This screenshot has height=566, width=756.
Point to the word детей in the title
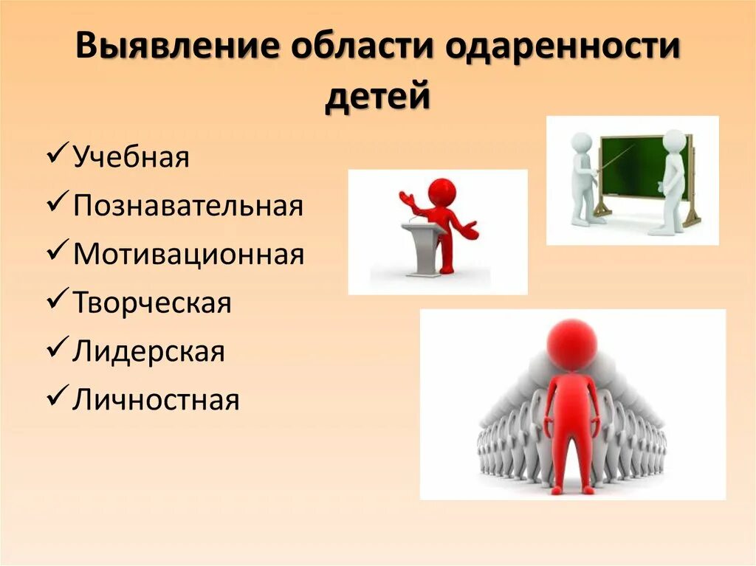[x=377, y=96]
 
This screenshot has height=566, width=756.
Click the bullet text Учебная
[x=131, y=158]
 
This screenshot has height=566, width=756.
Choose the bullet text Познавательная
[x=188, y=206]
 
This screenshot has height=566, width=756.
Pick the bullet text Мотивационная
[x=188, y=255]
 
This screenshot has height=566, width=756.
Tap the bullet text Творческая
[x=152, y=303]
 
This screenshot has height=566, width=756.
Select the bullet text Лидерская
[x=148, y=351]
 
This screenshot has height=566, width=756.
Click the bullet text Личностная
[x=156, y=400]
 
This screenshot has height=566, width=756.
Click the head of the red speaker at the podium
[x=441, y=192]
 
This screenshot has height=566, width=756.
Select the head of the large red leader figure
[x=572, y=345]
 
